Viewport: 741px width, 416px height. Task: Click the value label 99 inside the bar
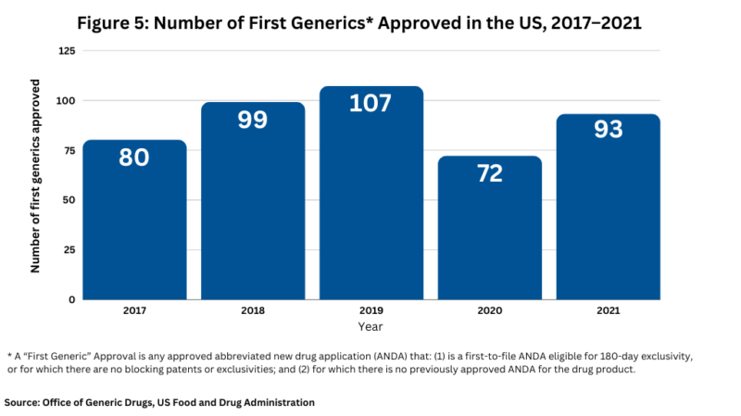[x=253, y=119]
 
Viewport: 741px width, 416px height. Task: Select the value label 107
[x=371, y=103]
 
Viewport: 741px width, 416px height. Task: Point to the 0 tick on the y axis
[x=69, y=299]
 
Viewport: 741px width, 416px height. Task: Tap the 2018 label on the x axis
[x=253, y=311]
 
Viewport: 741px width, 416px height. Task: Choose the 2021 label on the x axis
[x=609, y=311]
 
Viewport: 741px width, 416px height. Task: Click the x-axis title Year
[x=370, y=326]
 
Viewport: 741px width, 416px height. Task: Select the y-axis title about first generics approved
[x=36, y=176]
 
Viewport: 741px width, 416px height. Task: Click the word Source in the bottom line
[x=24, y=402]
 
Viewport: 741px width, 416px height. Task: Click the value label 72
[x=490, y=173]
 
